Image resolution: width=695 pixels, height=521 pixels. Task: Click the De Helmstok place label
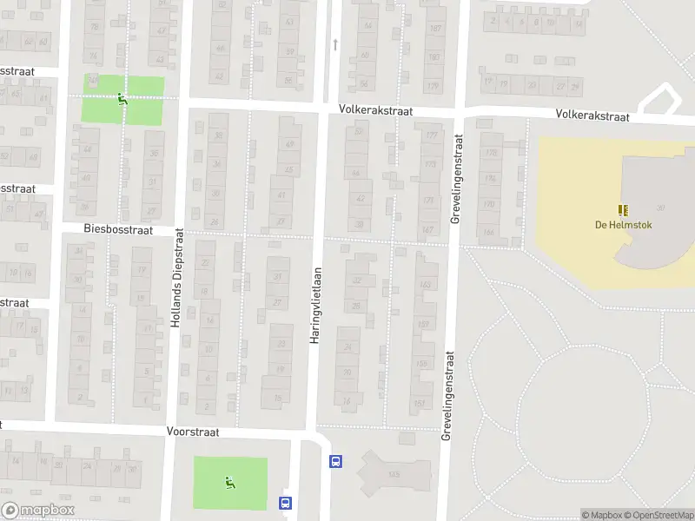pos(623,226)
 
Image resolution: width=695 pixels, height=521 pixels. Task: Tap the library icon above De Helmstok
pos(623,210)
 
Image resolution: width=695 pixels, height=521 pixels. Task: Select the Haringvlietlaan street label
pos(315,304)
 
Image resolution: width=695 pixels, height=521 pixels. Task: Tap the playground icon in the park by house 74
pos(122,99)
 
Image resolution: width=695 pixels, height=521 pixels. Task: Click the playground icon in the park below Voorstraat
pos(229,483)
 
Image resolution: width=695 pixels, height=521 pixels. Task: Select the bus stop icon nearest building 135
pos(335,462)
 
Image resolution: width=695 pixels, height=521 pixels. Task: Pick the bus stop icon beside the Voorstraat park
pos(284,502)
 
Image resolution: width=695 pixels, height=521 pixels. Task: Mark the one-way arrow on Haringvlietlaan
pos(334,43)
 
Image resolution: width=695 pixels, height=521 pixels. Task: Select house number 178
pos(491,154)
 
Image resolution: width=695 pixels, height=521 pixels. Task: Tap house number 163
pos(425,284)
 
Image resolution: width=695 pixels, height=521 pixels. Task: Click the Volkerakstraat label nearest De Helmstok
pos(592,114)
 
